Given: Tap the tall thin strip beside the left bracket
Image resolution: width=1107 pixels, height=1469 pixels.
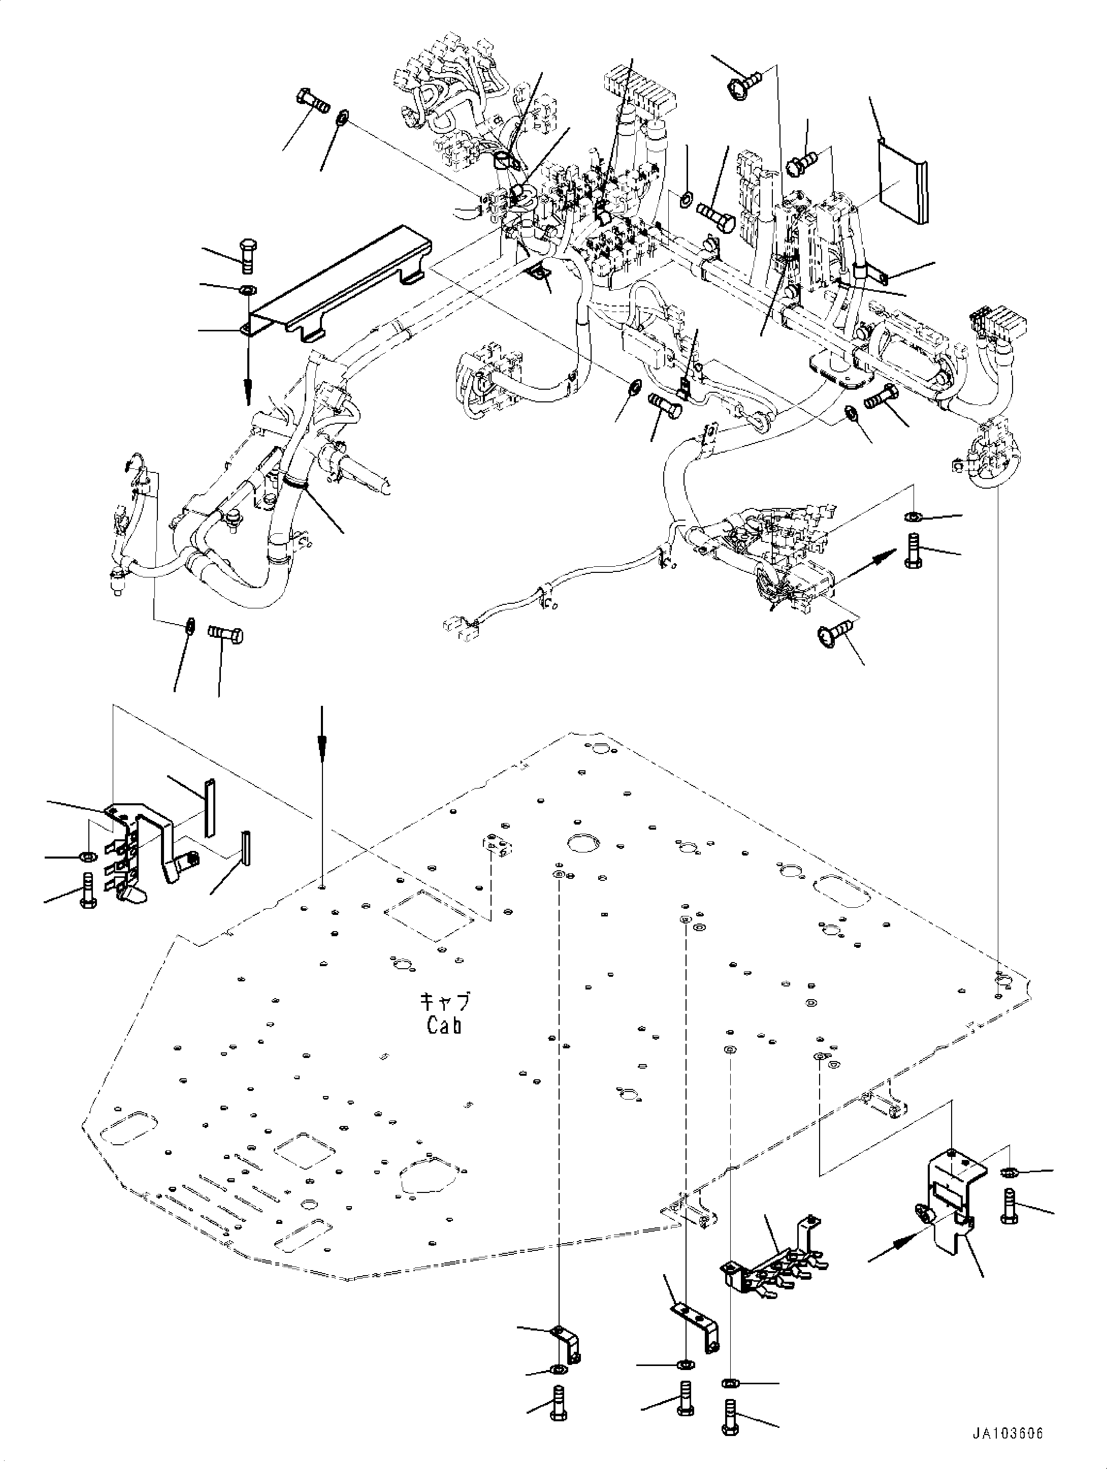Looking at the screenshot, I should tap(209, 808).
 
